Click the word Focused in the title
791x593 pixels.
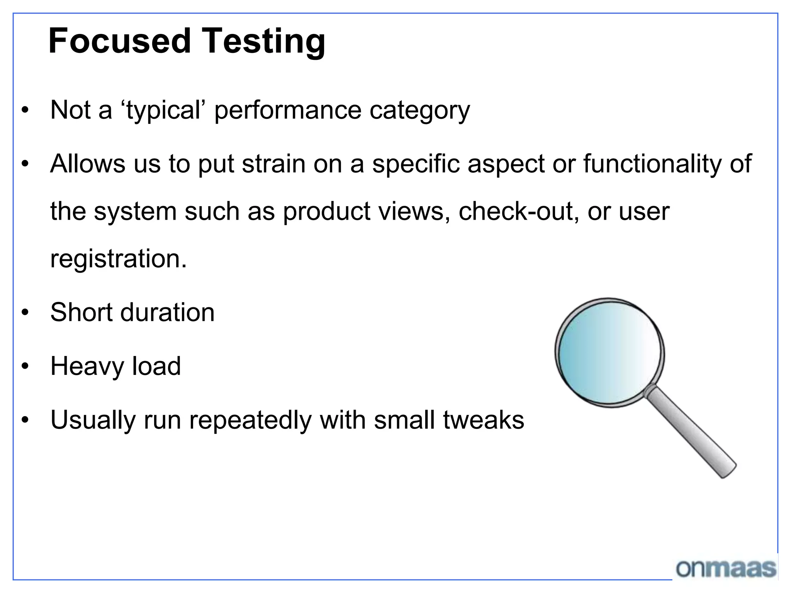pos(120,41)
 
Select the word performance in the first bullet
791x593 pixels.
pos(288,111)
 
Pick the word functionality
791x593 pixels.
pos(652,164)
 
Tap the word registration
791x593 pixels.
pos(118,259)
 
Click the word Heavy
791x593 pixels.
pos(87,366)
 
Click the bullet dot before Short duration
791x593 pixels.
pos(25,312)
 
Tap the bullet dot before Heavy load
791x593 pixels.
pos(25,366)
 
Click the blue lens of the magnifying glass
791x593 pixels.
pos(609,352)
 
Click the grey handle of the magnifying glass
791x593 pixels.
pos(691,432)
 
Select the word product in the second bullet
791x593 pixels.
pos(327,212)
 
